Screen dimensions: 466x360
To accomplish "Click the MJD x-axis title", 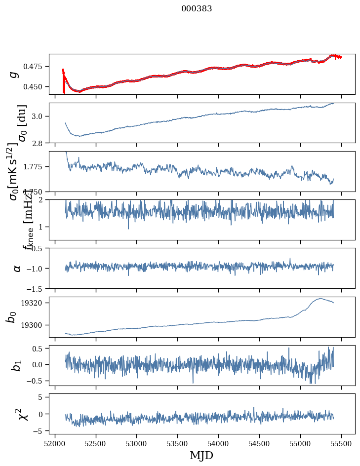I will point(201,455).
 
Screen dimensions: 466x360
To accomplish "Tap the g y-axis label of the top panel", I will point(14,74).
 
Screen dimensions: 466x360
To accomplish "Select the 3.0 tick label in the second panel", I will point(40,116).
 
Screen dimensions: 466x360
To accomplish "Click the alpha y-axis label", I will point(17,268).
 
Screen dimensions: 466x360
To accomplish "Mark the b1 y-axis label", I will point(17,365).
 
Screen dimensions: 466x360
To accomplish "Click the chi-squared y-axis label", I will point(23,414).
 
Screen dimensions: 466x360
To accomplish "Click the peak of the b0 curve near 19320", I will point(320,298).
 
